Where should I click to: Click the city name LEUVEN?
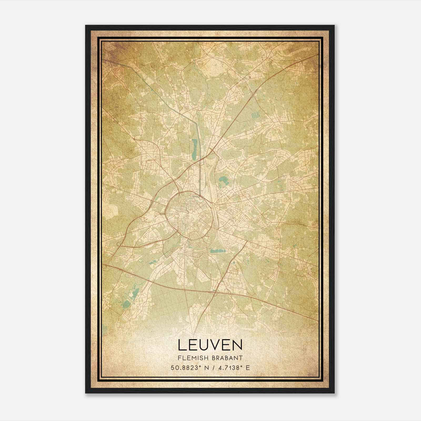point(210,345)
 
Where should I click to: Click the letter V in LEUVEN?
point(215,345)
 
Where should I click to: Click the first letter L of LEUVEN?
point(182,345)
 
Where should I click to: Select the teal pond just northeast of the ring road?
point(223,181)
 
